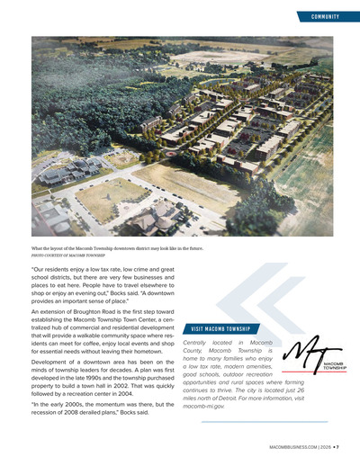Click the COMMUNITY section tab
point(324,16)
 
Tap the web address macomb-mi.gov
point(203,407)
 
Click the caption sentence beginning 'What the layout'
point(117,247)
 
